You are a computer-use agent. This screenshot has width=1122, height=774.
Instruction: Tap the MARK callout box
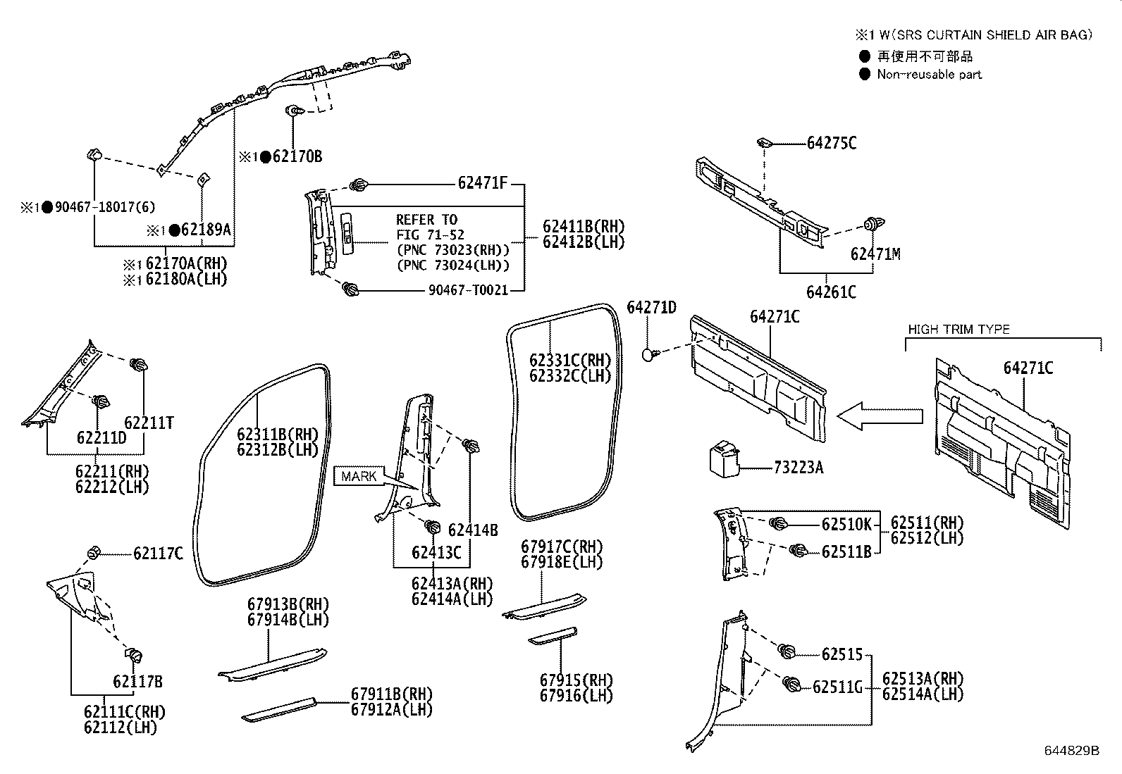point(359,477)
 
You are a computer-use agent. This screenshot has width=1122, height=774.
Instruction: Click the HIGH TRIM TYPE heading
point(958,330)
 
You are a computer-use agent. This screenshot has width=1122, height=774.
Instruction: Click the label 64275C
point(832,143)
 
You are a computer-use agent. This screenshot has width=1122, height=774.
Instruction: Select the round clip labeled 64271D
point(649,354)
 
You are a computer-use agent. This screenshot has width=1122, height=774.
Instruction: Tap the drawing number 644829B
point(1071,751)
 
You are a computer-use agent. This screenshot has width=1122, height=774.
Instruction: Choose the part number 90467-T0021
point(468,290)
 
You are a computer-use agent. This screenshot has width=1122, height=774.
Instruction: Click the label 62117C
point(158,554)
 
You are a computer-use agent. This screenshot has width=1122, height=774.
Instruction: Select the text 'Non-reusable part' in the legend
point(929,75)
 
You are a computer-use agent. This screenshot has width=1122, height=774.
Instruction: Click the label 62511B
point(846,551)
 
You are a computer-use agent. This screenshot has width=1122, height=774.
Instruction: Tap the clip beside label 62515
point(788,651)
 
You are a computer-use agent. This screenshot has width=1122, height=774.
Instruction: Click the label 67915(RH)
point(577,680)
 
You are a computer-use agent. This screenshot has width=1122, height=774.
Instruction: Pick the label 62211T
point(149,423)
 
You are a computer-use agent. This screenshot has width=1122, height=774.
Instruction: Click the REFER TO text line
point(426,220)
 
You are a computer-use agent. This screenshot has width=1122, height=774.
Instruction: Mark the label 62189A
point(206,230)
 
